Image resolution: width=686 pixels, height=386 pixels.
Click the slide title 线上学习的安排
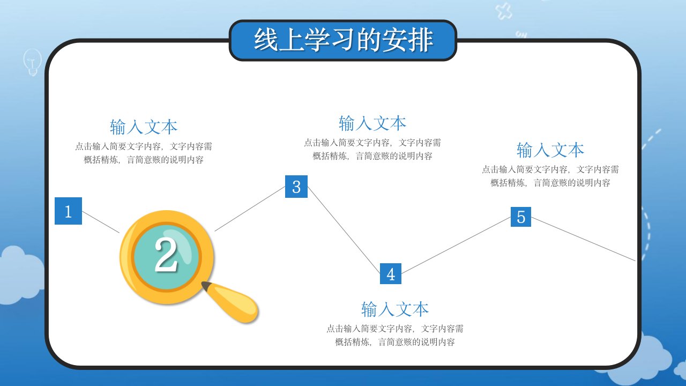[x=344, y=40]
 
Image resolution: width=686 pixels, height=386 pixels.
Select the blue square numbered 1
[x=68, y=211]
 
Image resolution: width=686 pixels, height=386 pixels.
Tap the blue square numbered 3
[x=296, y=187]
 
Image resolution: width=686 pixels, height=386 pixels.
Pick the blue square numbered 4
[x=391, y=273]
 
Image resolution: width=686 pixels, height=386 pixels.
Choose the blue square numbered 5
[x=520, y=217]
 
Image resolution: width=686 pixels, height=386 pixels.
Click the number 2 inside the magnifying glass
[x=166, y=255]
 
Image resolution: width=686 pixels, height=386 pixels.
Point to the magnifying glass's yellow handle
[x=230, y=302]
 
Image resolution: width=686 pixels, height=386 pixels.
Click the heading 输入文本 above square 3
[x=372, y=123]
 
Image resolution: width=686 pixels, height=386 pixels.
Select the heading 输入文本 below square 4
[x=395, y=309]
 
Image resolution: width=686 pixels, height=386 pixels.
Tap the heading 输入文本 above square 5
[x=550, y=150]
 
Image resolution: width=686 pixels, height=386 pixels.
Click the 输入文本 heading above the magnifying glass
[x=144, y=127]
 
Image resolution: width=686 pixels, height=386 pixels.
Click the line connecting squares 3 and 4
[x=344, y=230]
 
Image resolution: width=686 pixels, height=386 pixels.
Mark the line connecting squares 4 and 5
[x=456, y=245]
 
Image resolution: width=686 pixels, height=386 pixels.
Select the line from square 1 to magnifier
[x=101, y=222]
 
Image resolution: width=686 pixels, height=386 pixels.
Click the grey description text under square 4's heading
[x=395, y=335]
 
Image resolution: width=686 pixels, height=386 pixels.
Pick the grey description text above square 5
[x=550, y=176]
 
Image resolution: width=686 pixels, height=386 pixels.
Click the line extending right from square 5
[x=583, y=239]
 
